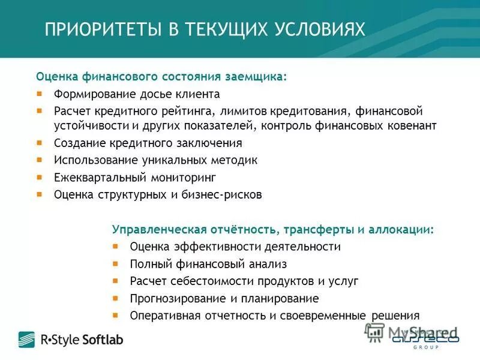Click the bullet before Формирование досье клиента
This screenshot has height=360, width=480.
click(40, 94)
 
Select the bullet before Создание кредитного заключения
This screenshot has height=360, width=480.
click(40, 143)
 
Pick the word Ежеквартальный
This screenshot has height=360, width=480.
click(95, 178)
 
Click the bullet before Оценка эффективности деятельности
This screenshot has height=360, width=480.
click(116, 247)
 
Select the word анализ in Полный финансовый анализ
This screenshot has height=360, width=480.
click(266, 264)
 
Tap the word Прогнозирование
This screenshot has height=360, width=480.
click(173, 298)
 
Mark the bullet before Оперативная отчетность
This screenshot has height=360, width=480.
click(116, 315)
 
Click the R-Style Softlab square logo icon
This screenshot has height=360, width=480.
click(26, 340)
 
